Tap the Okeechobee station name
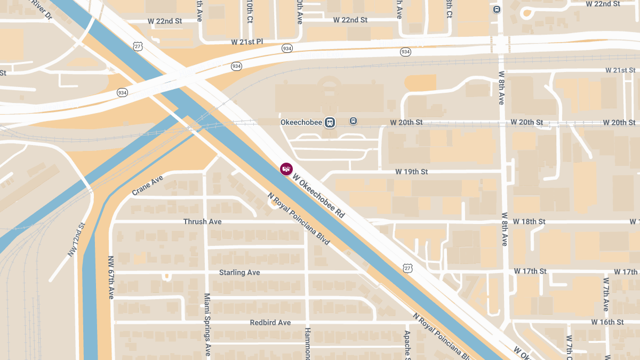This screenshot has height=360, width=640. (301, 122)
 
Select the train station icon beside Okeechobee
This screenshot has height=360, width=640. (331, 122)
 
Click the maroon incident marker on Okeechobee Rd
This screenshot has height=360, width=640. (286, 169)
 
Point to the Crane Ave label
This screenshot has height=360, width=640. (147, 185)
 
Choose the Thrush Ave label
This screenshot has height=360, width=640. (202, 221)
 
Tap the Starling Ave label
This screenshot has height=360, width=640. (239, 273)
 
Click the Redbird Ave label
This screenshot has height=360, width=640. (270, 323)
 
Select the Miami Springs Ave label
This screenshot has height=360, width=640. (208, 324)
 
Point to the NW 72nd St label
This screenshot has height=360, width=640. (76, 240)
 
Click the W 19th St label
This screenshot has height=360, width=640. (412, 172)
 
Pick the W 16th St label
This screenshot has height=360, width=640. (607, 322)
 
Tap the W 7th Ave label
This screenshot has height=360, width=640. (606, 294)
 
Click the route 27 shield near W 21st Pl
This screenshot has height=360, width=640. (138, 46)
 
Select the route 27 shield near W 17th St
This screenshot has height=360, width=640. (408, 267)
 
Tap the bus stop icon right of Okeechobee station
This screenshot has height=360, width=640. (353, 121)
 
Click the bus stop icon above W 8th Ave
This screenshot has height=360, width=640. (497, 9)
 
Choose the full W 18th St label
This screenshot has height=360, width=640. (529, 221)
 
